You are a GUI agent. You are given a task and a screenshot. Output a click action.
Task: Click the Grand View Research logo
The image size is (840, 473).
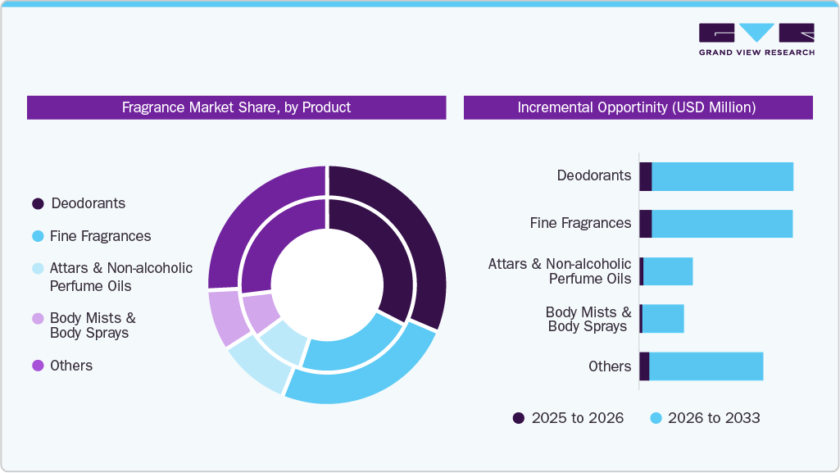coord(756,39)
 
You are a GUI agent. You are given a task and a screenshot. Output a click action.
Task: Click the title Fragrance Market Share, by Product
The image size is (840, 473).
coord(236,107)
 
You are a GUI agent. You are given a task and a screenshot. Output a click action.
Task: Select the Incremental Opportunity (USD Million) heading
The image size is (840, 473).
coord(637,107)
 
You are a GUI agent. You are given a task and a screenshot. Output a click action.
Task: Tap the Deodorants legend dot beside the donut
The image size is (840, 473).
coord(38,203)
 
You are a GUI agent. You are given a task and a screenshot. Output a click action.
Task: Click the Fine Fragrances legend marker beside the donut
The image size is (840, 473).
coord(38,236)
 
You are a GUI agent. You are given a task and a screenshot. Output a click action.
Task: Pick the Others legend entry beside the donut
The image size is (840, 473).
coord(38,366)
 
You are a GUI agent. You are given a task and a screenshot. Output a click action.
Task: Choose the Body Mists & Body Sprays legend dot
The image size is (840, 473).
coord(38,318)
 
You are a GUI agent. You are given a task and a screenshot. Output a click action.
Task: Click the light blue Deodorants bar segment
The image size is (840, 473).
coord(721,176)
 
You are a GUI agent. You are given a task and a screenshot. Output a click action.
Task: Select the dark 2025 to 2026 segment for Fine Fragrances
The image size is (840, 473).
coord(645,224)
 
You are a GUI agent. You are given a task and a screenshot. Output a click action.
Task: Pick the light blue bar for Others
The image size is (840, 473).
coord(705,366)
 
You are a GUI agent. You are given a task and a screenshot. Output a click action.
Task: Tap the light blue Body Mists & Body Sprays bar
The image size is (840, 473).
coord(662,319)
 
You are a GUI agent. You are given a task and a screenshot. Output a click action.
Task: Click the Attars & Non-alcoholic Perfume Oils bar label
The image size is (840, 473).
coord(560,271)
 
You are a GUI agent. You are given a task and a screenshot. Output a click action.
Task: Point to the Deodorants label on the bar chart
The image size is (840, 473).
coord(594,175)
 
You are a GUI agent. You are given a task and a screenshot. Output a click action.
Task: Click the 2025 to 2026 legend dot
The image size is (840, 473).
coord(519,418)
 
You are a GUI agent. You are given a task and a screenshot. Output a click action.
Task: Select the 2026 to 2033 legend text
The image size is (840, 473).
coord(714,418)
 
